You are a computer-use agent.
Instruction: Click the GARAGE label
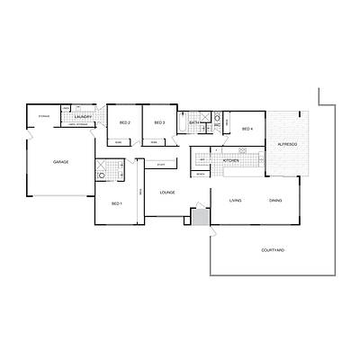click(x=61, y=162)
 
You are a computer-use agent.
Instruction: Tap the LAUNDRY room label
click(x=86, y=117)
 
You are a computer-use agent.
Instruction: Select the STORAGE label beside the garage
click(x=43, y=117)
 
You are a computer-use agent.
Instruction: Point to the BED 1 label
click(x=116, y=204)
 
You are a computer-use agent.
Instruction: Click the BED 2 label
click(x=125, y=122)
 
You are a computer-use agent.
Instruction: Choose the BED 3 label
click(x=159, y=122)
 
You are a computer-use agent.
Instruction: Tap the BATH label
click(x=193, y=122)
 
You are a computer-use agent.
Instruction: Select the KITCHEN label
click(x=230, y=161)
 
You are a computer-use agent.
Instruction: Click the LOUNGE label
click(x=166, y=193)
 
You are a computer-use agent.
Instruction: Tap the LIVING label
click(x=235, y=201)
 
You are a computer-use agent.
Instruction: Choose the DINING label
click(x=274, y=201)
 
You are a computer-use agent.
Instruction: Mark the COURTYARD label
click(x=273, y=249)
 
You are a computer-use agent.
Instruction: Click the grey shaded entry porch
click(x=200, y=217)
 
